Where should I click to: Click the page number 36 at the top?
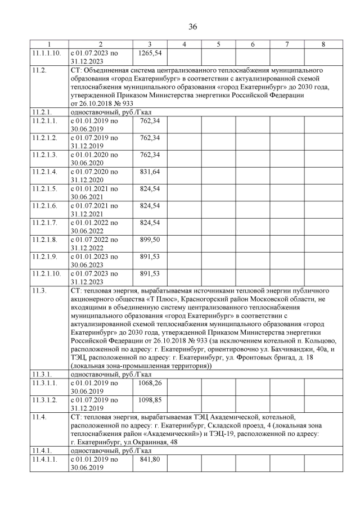pyautogui.click(x=180, y=26)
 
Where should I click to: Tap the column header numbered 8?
pyautogui.click(x=323, y=44)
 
